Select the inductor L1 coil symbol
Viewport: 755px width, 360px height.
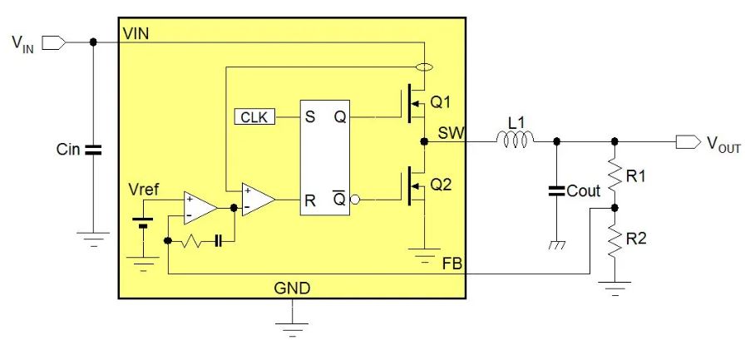(516, 141)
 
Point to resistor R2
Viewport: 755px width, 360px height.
(614, 241)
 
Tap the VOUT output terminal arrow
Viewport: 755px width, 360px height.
(688, 142)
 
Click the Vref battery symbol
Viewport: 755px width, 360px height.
(146, 224)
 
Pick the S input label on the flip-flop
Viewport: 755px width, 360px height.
(310, 117)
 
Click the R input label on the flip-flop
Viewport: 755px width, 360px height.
(310, 200)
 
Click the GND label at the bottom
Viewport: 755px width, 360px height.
(292, 289)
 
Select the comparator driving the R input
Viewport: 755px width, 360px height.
(257, 200)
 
